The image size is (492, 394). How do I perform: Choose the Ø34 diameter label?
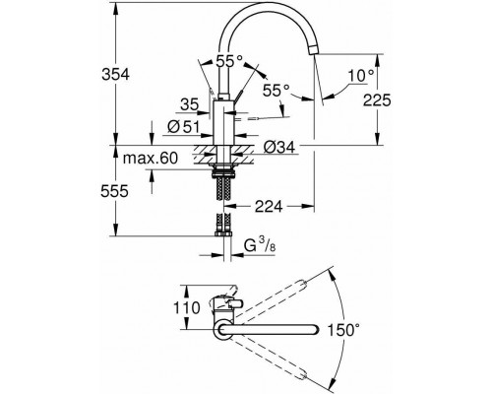278,148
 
